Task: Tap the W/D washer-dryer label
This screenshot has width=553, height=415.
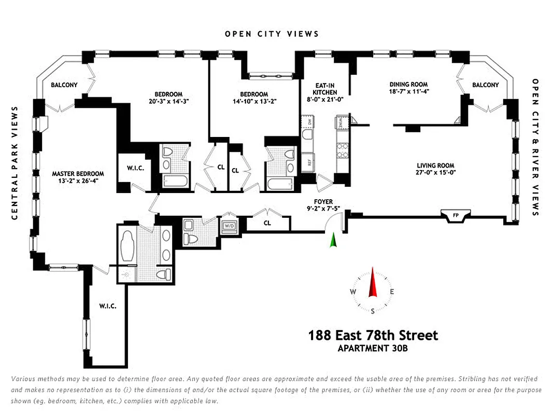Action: pyautogui.click(x=229, y=226)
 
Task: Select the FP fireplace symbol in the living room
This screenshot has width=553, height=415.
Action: pyautogui.click(x=456, y=214)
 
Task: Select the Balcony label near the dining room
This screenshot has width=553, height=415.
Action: pyautogui.click(x=485, y=85)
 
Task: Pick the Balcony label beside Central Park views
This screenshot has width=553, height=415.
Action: pyautogui.click(x=64, y=85)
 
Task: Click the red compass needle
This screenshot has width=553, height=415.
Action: pyautogui.click(x=372, y=283)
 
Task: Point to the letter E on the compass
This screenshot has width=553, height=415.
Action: pyautogui.click(x=392, y=292)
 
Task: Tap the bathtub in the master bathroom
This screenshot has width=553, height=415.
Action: pyautogui.click(x=127, y=248)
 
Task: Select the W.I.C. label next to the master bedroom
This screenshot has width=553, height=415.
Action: pyautogui.click(x=135, y=168)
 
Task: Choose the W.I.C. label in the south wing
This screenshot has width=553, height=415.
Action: pyautogui.click(x=108, y=306)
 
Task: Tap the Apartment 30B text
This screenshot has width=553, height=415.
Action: pyautogui.click(x=373, y=348)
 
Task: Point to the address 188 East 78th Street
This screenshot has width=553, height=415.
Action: pyautogui.click(x=373, y=335)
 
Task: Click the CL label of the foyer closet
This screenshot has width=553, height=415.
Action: pyautogui.click(x=267, y=223)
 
